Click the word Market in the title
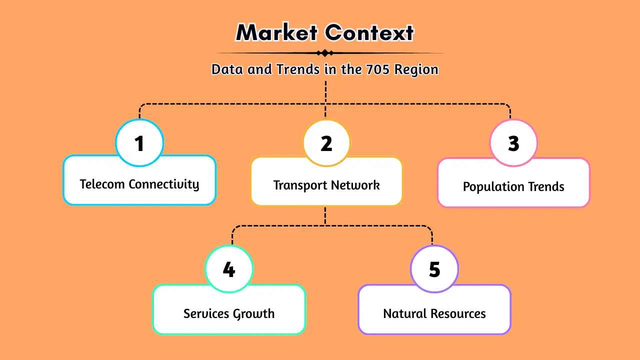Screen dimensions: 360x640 tap(276, 33)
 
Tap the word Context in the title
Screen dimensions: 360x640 tap(370, 33)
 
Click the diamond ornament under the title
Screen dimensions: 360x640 tap(325, 53)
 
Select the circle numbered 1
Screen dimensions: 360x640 tap(139, 143)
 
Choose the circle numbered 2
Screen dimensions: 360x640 tap(326, 143)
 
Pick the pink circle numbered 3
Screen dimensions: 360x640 tap(513, 143)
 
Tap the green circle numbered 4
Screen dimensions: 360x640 tap(229, 270)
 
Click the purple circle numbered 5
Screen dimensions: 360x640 tap(434, 270)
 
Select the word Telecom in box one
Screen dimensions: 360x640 tap(102, 184)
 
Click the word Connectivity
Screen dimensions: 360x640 tap(164, 184)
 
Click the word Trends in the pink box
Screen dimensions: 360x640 tap(547, 187)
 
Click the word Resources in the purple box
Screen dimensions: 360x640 tap(458, 314)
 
